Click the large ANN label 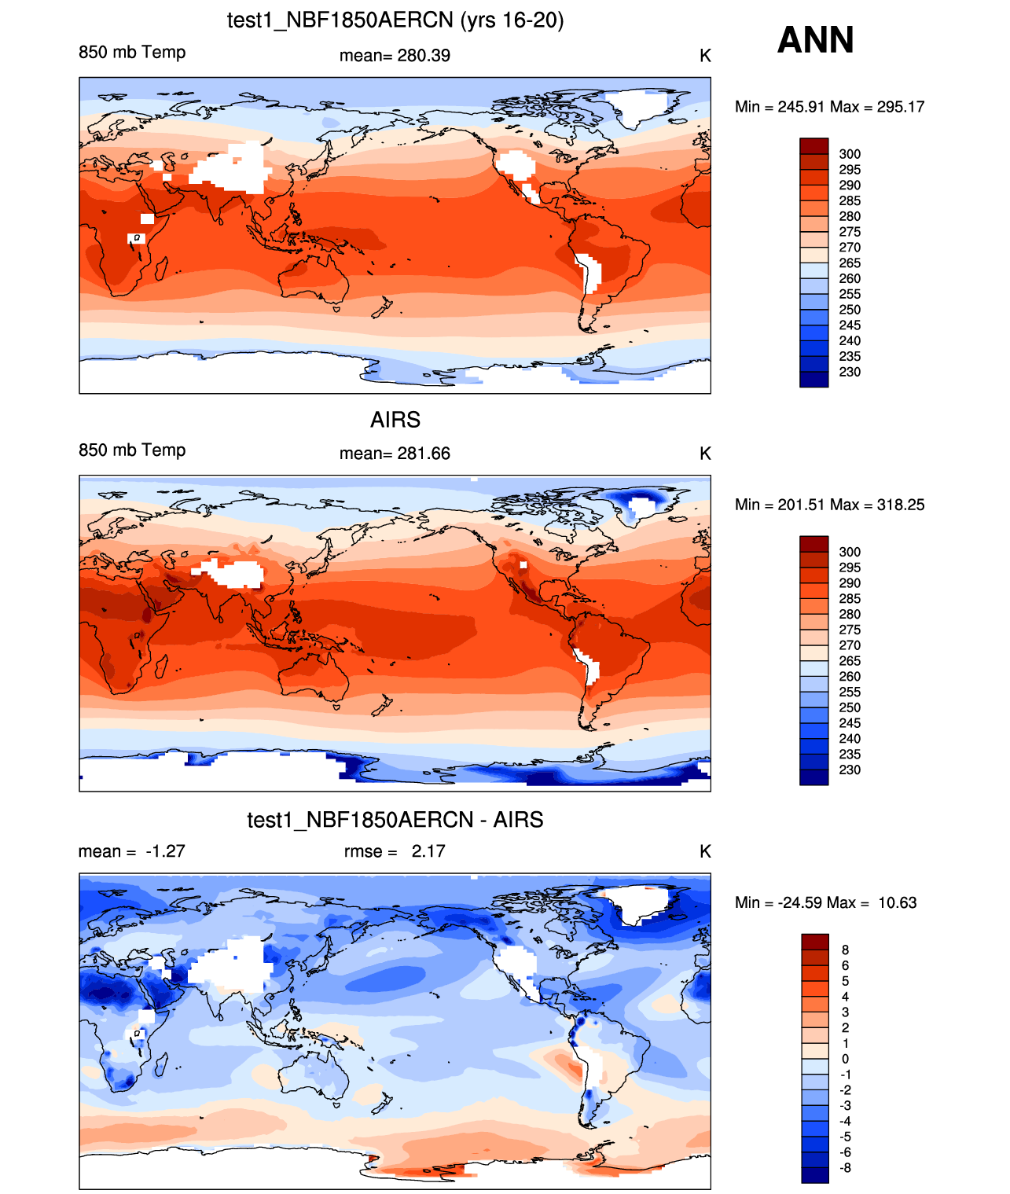tap(814, 40)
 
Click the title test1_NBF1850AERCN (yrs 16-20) tap(395, 20)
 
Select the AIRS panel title tap(395, 420)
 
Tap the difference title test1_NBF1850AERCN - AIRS tap(395, 820)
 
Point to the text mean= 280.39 tap(395, 56)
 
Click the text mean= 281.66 tap(395, 454)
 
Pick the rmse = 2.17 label tap(395, 850)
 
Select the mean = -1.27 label tap(132, 850)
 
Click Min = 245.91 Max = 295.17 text tap(829, 107)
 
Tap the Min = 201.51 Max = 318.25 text tap(829, 505)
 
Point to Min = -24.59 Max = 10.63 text tap(825, 902)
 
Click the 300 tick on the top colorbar tap(850, 154)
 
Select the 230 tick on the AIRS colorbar tap(850, 770)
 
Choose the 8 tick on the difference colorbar tap(845, 950)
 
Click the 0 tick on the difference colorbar tap(845, 1060)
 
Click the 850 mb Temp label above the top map tap(132, 52)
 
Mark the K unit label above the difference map tap(704, 850)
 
